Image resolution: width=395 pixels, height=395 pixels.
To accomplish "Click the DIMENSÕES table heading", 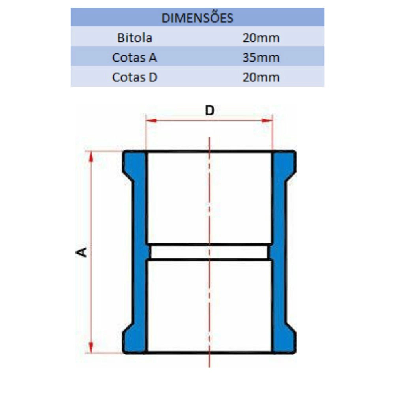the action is pyautogui.click(x=197, y=18).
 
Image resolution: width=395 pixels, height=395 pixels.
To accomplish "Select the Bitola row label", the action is pyautogui.click(x=135, y=38).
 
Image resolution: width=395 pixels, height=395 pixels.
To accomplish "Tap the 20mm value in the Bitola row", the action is pyautogui.click(x=261, y=38).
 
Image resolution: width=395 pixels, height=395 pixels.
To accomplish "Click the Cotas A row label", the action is pyautogui.click(x=135, y=57).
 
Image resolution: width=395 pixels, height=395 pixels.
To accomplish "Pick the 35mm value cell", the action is pyautogui.click(x=261, y=58).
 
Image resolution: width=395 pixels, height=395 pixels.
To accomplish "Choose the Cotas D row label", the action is pyautogui.click(x=135, y=77).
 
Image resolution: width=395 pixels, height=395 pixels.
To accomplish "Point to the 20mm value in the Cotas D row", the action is pyautogui.click(x=261, y=77).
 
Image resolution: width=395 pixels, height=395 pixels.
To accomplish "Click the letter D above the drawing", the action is pyautogui.click(x=210, y=110).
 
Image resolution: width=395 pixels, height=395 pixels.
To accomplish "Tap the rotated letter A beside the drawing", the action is pyautogui.click(x=82, y=252).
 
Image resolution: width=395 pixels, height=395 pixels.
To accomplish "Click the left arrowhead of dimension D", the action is pyautogui.click(x=151, y=120).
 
